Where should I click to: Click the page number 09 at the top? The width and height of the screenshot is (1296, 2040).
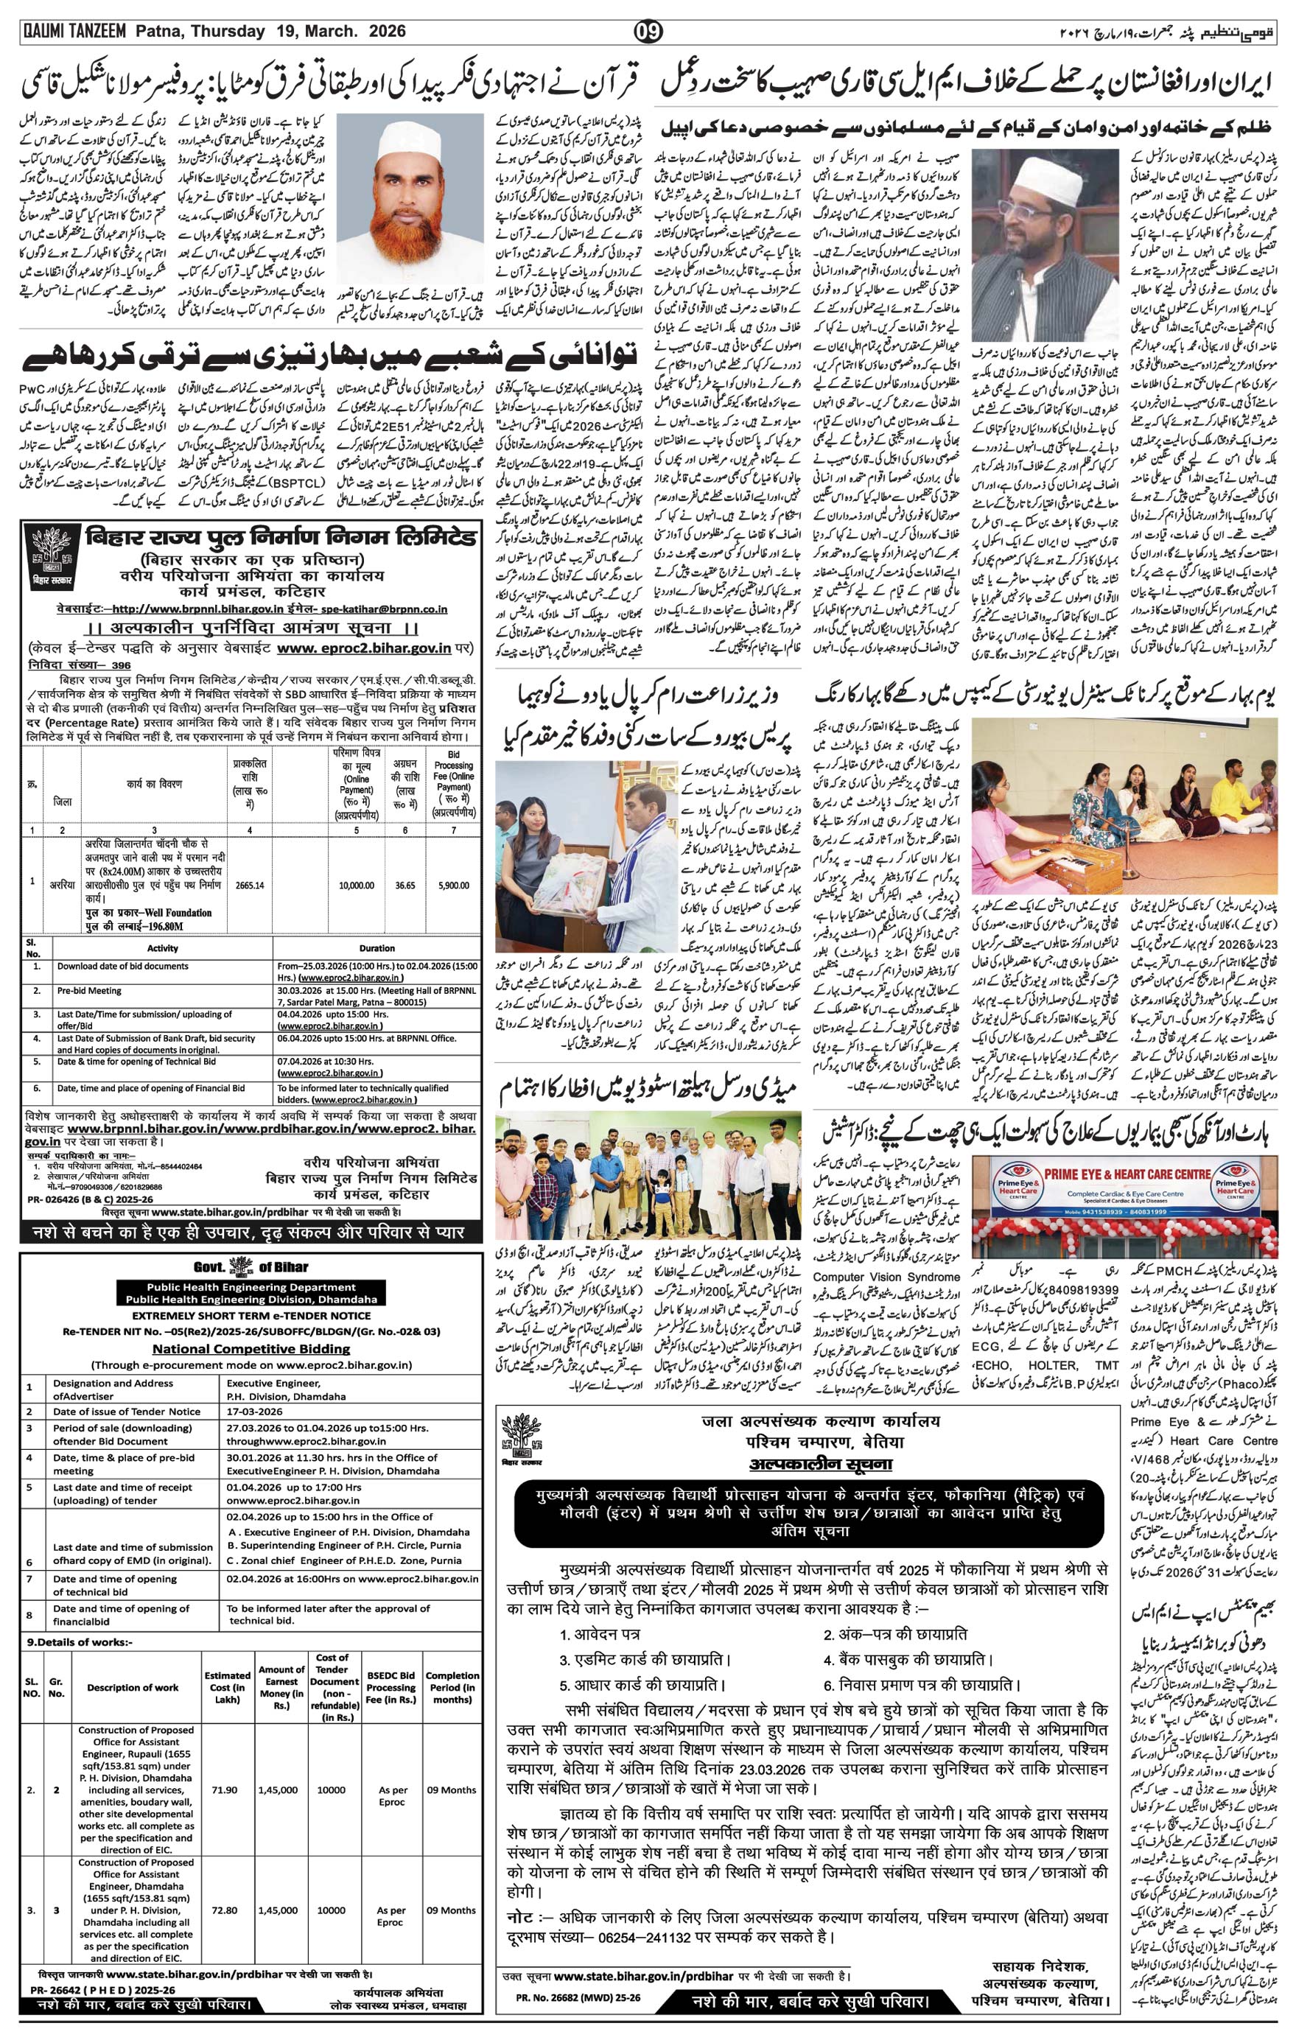point(648,32)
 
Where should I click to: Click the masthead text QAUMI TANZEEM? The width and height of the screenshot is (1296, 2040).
point(73,32)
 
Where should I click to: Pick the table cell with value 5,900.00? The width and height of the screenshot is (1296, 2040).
point(453,886)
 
